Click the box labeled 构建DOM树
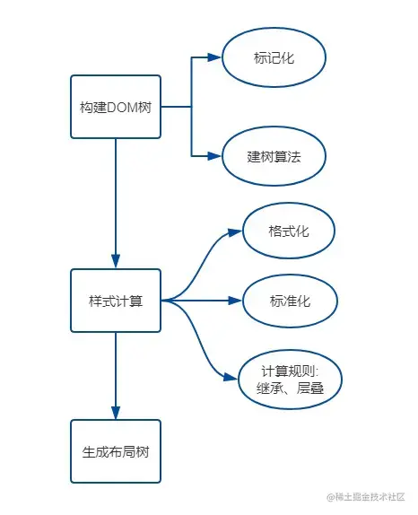coord(115,107)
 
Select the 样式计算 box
coord(115,301)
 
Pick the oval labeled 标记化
coord(274,57)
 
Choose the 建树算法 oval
coord(274,155)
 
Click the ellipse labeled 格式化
coord(289,231)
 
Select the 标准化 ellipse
coord(289,301)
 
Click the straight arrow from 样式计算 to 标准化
coord(202,301)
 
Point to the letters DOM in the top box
coord(121,107)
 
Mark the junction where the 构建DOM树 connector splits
coord(191,107)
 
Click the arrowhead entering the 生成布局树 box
coord(115,412)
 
